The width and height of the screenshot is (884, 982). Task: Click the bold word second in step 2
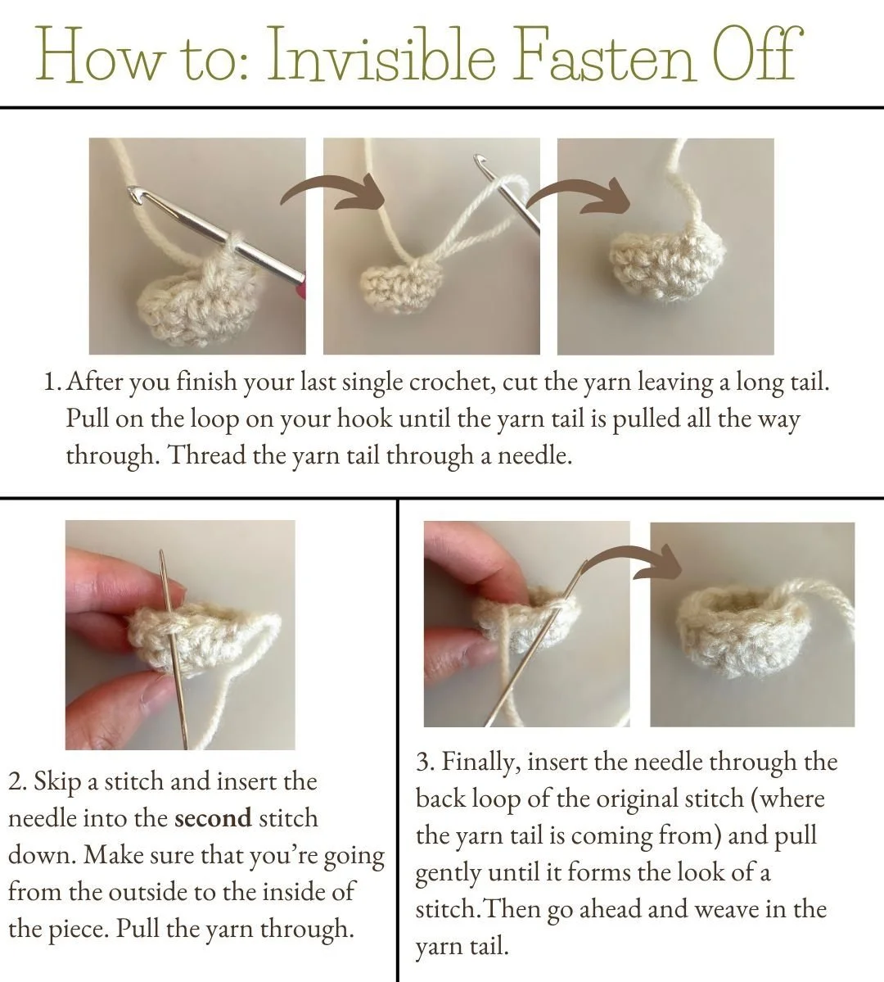pos(213,818)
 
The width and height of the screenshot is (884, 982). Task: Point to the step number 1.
pos(52,382)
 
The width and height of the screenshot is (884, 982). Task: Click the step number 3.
pos(425,763)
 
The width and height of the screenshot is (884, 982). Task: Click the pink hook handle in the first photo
pos(302,286)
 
